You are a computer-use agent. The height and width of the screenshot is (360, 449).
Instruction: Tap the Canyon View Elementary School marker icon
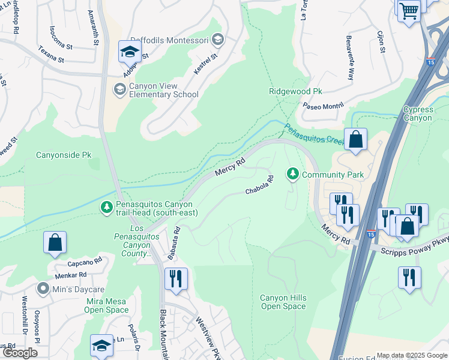click(119, 89)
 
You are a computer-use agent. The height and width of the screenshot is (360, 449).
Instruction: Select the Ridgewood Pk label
click(295, 91)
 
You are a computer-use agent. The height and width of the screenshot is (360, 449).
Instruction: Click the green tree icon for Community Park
click(293, 174)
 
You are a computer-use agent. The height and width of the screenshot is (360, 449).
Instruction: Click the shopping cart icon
click(409, 10)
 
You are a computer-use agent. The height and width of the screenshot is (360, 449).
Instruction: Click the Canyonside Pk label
click(67, 155)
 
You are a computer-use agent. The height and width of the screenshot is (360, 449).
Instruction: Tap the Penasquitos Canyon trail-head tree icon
click(106, 207)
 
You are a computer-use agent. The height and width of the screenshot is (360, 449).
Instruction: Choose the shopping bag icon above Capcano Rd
click(55, 243)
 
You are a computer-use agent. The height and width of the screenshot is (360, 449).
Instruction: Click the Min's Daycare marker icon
click(43, 289)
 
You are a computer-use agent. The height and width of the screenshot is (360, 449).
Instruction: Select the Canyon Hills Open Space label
click(283, 302)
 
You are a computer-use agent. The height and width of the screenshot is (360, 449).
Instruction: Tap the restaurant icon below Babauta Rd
click(176, 278)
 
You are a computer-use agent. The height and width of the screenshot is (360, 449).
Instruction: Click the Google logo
click(20, 353)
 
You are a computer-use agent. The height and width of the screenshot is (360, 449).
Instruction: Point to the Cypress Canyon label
click(417, 113)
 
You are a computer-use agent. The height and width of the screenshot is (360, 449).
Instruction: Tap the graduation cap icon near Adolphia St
click(129, 52)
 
